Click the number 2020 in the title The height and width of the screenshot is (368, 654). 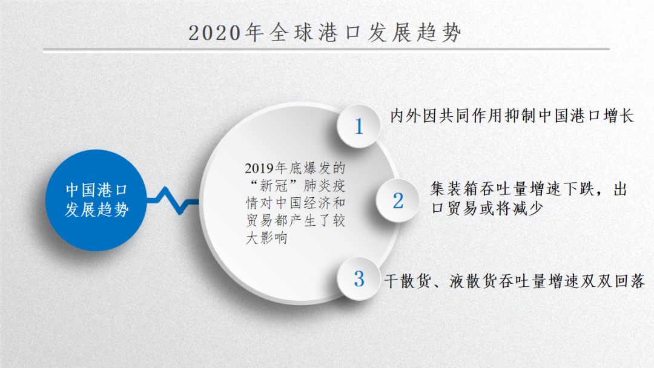coord(215,33)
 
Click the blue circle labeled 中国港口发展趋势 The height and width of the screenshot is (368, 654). coord(96,200)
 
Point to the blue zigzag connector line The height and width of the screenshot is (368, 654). coord(173,201)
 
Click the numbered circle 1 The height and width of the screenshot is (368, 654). coord(358,126)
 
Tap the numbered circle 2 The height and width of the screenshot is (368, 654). coord(397,200)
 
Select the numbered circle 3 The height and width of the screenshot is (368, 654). coord(358,279)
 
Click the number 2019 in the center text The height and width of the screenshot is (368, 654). coord(259,168)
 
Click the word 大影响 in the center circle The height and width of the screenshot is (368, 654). coord(266,238)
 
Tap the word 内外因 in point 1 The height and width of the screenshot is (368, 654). coord(414,116)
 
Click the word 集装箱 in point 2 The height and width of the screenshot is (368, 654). coord(455,189)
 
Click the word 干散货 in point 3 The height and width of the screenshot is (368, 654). coord(408,281)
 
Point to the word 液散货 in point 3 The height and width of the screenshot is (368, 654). coord(474,281)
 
